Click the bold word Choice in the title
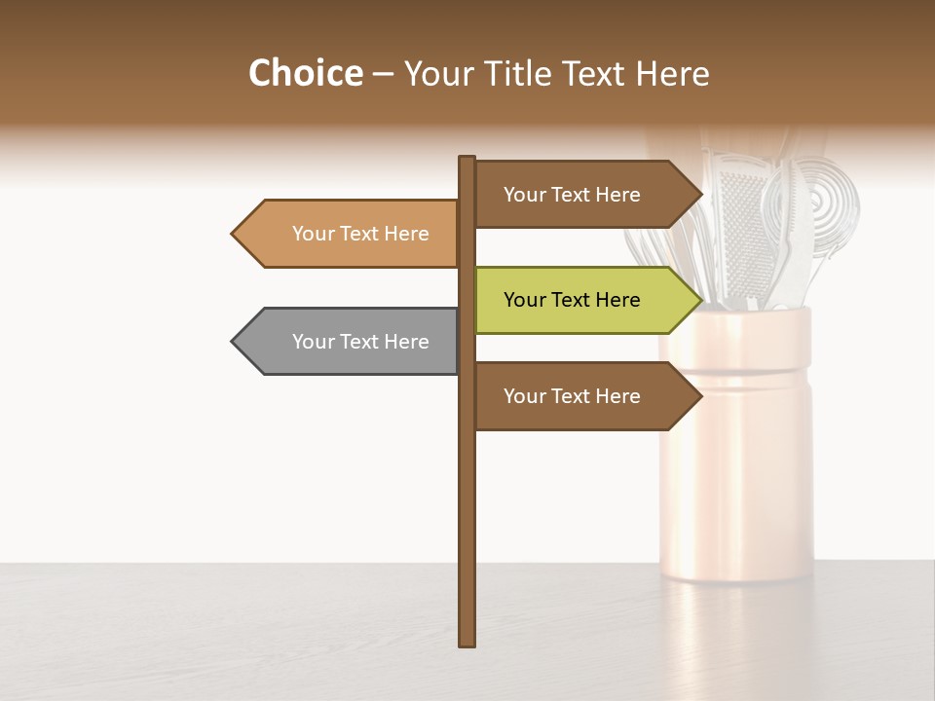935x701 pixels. [305, 74]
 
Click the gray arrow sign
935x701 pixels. [351, 342]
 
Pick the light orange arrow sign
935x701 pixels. [351, 234]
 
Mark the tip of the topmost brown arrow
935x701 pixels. [700, 195]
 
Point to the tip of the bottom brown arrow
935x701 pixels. [700, 396]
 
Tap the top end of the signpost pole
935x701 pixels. [467, 159]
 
